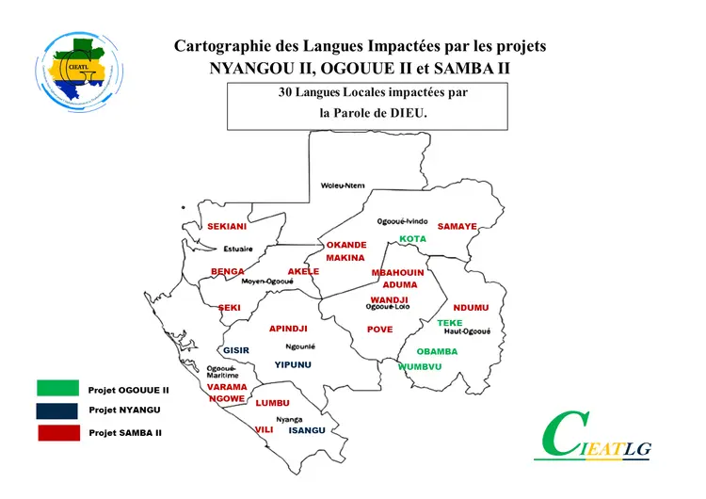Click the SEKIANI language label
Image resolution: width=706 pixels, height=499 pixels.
[x=227, y=227]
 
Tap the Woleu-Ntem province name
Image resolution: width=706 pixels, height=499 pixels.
[x=343, y=185]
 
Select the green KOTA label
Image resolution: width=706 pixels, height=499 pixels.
[x=412, y=239]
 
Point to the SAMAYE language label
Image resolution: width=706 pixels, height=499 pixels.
[x=457, y=227]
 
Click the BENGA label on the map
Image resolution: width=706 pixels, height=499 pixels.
[x=228, y=271]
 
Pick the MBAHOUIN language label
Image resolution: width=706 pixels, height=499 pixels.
[x=397, y=272]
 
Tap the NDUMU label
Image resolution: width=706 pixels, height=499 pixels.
[x=471, y=308]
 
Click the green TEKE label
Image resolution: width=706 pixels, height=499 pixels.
[x=450, y=323]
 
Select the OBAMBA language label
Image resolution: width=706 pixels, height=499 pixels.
[x=437, y=351]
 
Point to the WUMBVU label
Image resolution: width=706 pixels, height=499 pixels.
[x=420, y=366]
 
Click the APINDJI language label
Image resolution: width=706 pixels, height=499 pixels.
[x=289, y=329]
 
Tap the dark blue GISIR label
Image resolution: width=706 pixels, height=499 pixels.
[x=236, y=350]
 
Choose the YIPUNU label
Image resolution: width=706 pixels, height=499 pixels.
[x=293, y=364]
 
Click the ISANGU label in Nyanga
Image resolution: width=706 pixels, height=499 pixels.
[x=307, y=430]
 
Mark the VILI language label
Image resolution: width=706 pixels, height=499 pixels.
[x=264, y=429]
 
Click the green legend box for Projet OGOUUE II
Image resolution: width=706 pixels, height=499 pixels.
[x=57, y=388]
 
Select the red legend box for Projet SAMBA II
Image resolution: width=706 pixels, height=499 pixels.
[x=57, y=433]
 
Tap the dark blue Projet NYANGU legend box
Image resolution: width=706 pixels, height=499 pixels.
[x=57, y=410]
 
